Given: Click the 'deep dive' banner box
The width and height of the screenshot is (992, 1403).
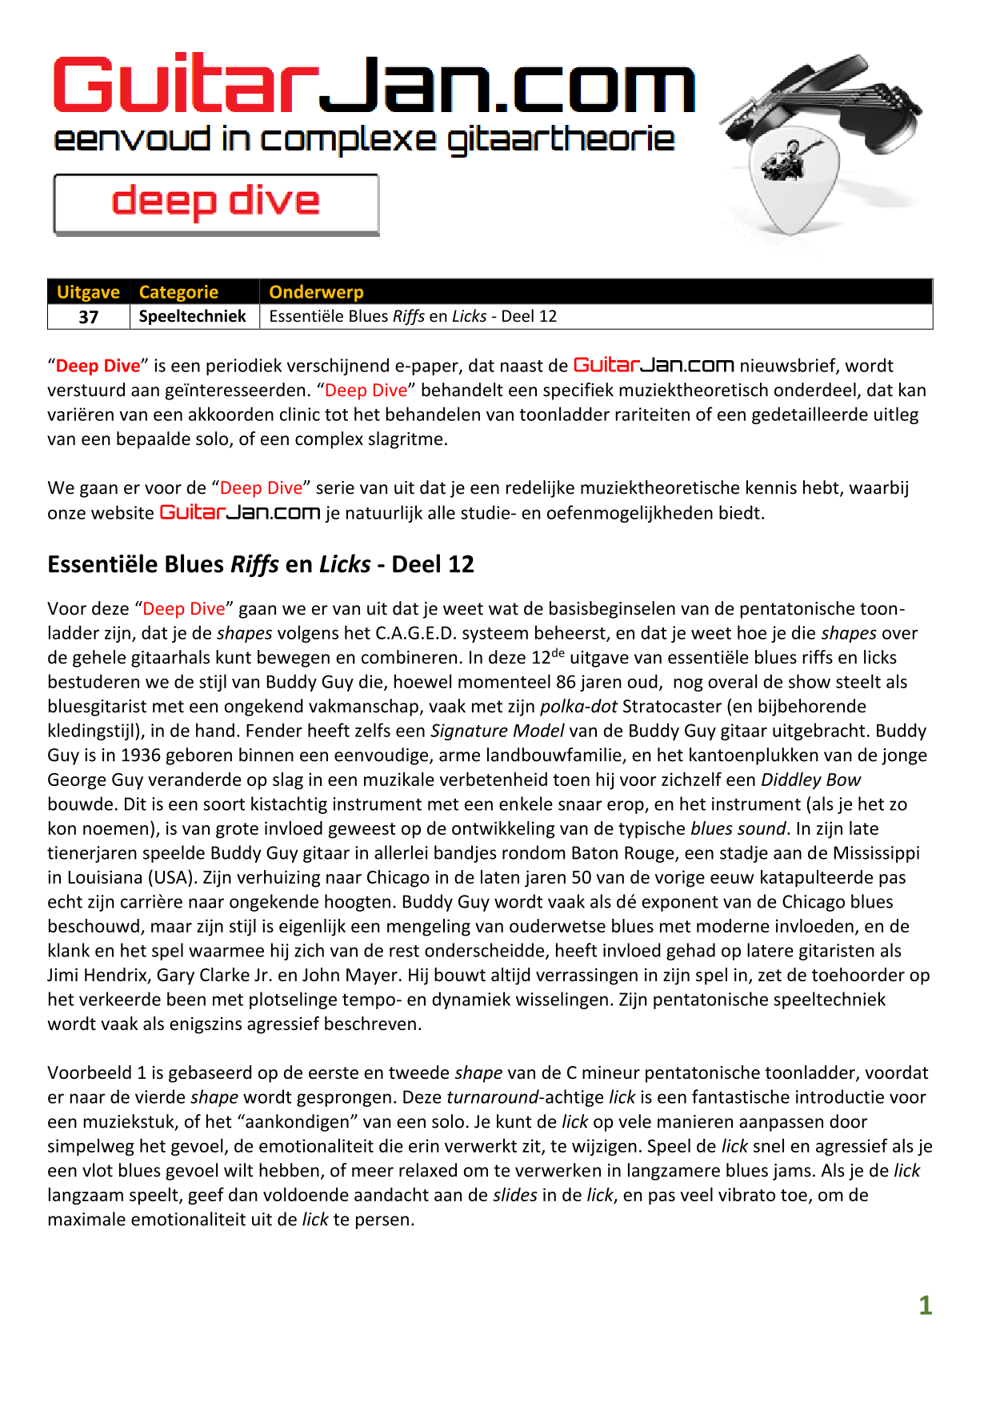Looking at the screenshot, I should click(216, 203).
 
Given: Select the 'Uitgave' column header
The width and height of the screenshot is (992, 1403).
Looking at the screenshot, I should click(88, 292).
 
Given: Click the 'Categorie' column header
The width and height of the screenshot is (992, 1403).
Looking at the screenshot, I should click(178, 292).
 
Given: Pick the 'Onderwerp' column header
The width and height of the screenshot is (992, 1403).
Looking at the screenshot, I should click(316, 292).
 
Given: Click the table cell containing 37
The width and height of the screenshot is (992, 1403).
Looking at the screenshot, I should click(89, 317).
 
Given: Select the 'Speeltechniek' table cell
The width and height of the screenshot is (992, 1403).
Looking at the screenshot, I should click(193, 316).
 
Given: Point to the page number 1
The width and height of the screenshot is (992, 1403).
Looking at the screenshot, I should click(925, 1306).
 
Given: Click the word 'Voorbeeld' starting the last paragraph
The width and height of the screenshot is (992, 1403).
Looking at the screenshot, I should click(86, 1073).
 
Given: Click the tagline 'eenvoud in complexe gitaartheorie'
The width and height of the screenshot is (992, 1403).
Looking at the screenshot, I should click(364, 141).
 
